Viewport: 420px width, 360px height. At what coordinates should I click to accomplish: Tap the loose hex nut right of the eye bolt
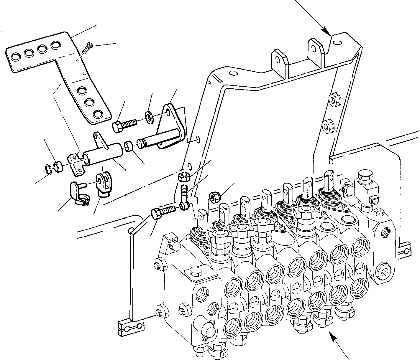pos(214,196)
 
